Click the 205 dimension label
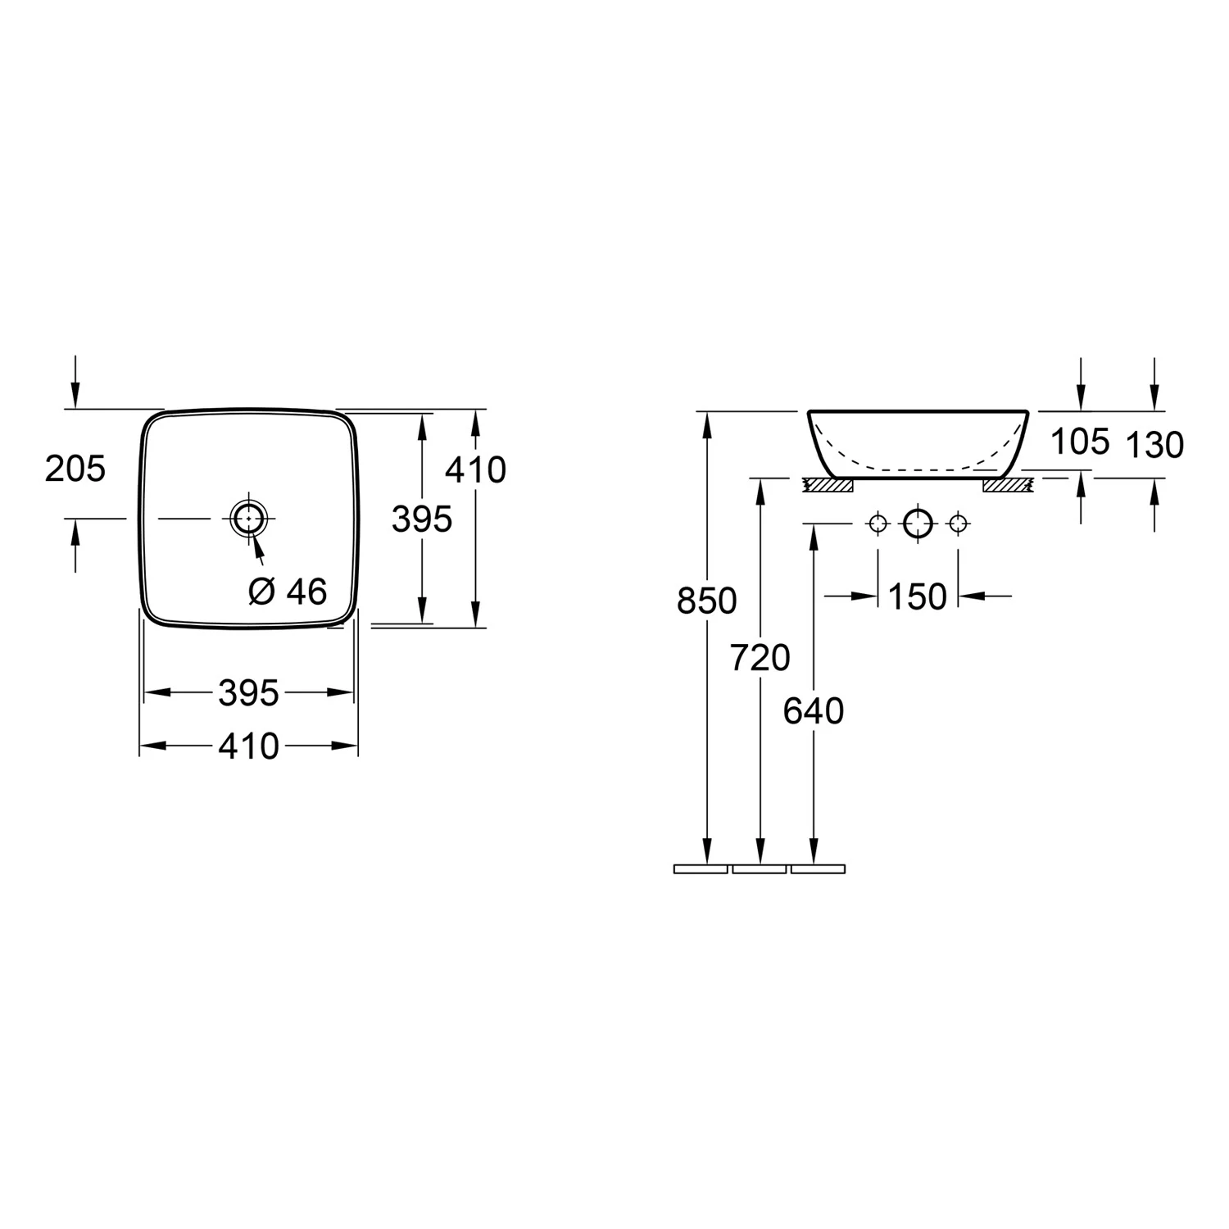coord(75,469)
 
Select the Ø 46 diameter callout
coord(288,591)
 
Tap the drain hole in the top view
coord(247,519)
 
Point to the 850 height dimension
coord(706,601)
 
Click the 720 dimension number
coord(760,657)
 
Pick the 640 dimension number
coord(813,711)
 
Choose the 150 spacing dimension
coord(917,596)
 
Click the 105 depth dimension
coord(1080,442)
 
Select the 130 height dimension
coord(1154,445)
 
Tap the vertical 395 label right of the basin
coord(422,519)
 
